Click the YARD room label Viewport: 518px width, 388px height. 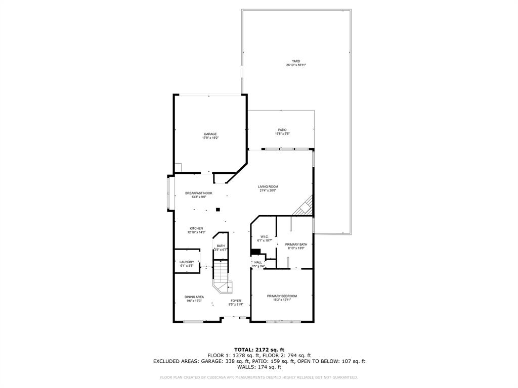click(296, 61)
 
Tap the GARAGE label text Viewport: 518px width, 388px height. click(210, 134)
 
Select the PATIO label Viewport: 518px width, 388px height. click(282, 130)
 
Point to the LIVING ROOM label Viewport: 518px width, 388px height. click(268, 186)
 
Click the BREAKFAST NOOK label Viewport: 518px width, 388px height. click(198, 193)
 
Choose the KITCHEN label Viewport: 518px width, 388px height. click(196, 228)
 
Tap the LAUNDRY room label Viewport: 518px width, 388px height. click(187, 262)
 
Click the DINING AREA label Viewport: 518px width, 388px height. click(194, 297)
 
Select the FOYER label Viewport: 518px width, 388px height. click(236, 301)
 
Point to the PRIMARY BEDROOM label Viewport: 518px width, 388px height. click(282, 296)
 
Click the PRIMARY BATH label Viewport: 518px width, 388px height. click(296, 245)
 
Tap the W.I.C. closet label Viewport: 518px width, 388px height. click(265, 236)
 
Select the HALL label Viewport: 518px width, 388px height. click(258, 262)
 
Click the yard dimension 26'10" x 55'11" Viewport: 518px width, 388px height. click(296, 65)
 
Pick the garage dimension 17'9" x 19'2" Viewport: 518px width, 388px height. click(210, 138)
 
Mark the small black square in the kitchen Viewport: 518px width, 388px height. click(218, 209)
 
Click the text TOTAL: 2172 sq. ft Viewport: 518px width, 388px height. click(259, 350)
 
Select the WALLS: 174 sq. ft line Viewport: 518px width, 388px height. click(259, 367)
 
